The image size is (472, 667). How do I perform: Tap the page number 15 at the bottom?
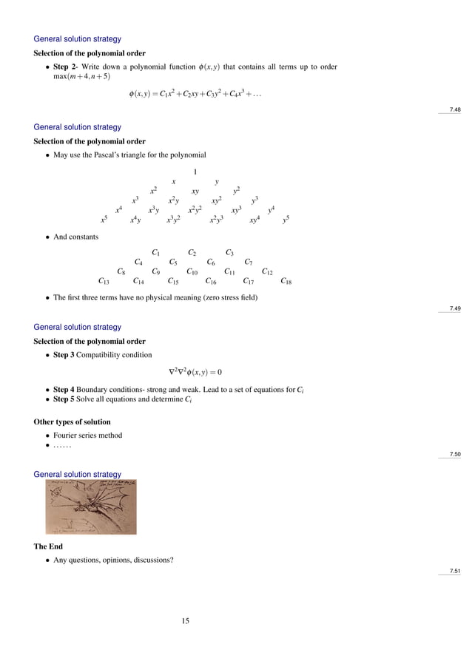186,621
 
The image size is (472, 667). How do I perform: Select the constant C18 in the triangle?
286,281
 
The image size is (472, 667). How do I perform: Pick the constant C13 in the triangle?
104,281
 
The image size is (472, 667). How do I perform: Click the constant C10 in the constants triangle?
192,271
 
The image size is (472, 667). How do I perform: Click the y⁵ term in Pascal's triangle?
286,220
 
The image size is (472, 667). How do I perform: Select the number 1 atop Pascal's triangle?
195,172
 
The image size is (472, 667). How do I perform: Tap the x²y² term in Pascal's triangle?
195,210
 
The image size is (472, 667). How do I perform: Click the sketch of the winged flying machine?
91,507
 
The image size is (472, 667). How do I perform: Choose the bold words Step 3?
70,355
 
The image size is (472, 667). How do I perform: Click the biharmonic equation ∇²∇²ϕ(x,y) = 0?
196,372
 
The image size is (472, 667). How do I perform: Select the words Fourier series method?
88,436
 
